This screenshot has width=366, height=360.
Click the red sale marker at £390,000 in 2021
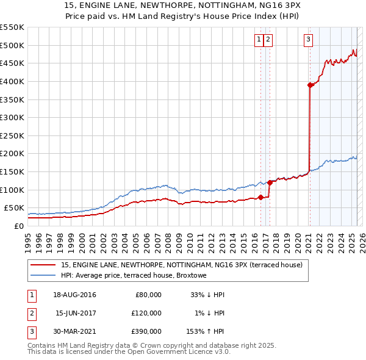click(310, 85)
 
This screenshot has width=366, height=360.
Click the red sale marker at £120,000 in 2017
click(270, 182)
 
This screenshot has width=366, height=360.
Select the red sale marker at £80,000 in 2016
click(260, 196)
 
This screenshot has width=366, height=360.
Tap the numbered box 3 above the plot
click(309, 40)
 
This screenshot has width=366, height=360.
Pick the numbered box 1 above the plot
click(259, 40)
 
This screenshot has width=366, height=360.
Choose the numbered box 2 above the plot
click(268, 40)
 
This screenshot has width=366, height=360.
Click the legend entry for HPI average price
click(134, 275)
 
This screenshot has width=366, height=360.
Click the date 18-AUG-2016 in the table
click(74, 295)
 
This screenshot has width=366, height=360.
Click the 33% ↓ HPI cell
click(207, 295)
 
